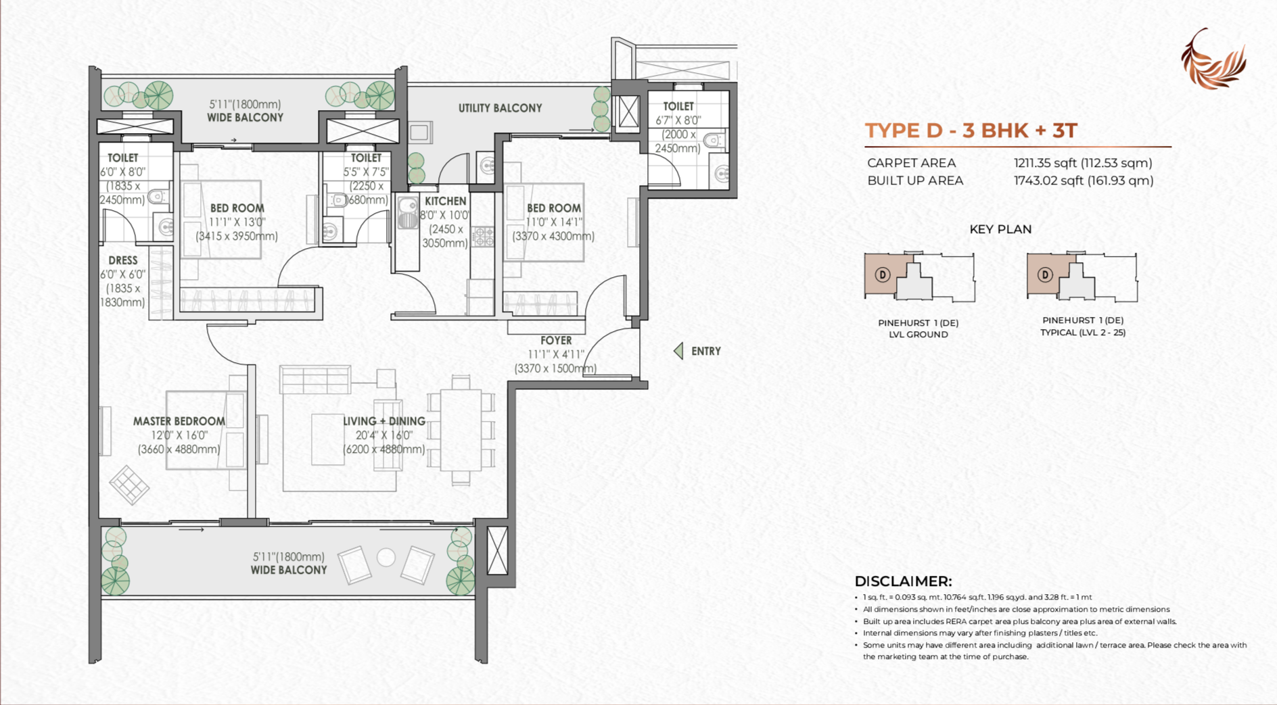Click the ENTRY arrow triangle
678,351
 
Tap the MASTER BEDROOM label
179,421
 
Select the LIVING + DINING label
384,421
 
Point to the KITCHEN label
446,201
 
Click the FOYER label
556,341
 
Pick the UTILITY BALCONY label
501,108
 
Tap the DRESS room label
123,260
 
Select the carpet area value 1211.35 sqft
1083,163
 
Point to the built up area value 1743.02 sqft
1084,180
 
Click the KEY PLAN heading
1000,229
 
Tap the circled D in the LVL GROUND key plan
882,274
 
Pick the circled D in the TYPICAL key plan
1045,275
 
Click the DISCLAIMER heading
903,581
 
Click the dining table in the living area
461,430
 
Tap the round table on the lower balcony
386,558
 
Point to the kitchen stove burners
483,237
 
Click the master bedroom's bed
206,430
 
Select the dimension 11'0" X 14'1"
554,222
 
